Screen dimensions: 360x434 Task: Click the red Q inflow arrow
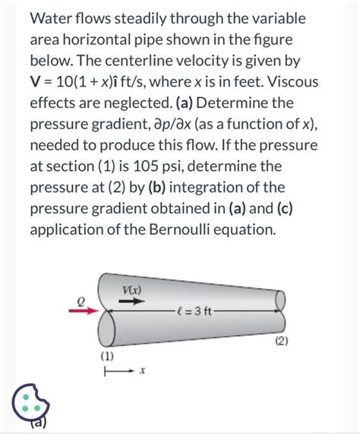point(84,311)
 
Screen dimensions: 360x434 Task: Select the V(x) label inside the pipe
point(131,290)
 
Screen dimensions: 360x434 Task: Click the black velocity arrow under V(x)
point(132,301)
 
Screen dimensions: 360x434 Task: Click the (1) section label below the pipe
point(107,356)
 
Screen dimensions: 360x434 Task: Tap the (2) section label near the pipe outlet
point(282,341)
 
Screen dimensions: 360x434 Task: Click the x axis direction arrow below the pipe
point(120,371)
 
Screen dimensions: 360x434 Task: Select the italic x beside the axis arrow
point(142,371)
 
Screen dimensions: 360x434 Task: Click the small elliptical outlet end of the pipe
point(280,300)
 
